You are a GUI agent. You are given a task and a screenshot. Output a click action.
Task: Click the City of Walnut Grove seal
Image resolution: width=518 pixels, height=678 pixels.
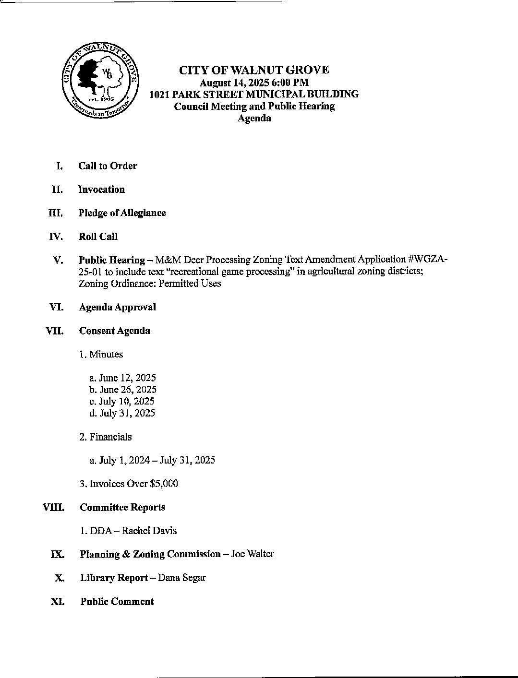click(100, 80)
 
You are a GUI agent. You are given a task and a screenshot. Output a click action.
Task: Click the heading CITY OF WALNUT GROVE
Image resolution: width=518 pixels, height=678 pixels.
click(254, 70)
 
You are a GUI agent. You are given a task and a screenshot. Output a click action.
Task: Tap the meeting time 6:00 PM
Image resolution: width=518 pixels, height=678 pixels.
click(290, 83)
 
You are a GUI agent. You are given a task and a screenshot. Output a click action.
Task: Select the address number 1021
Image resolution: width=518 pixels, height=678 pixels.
click(158, 94)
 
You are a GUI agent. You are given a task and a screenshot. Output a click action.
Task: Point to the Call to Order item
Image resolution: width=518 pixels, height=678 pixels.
click(108, 166)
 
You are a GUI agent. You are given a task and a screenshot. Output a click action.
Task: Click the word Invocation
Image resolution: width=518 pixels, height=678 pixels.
click(101, 190)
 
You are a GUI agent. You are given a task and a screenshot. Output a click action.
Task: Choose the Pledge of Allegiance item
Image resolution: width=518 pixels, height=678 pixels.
click(122, 213)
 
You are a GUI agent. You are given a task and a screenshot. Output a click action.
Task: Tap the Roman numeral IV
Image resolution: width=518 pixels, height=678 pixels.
click(57, 237)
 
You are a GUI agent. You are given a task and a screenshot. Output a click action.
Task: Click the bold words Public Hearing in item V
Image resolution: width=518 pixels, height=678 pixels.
click(111, 260)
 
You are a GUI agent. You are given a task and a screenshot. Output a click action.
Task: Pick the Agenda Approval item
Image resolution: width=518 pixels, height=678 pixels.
click(117, 307)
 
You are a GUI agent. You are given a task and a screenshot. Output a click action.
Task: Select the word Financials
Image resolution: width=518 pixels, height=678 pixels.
click(110, 437)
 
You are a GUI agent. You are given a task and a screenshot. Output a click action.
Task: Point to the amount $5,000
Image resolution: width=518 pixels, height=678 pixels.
click(164, 484)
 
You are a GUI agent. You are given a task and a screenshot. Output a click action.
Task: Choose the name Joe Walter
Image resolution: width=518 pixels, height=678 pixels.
click(253, 554)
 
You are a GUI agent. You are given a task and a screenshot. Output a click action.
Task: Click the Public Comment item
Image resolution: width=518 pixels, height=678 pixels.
click(117, 602)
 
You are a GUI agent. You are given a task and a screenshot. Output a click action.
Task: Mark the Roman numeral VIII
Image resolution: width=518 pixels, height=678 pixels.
click(54, 507)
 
